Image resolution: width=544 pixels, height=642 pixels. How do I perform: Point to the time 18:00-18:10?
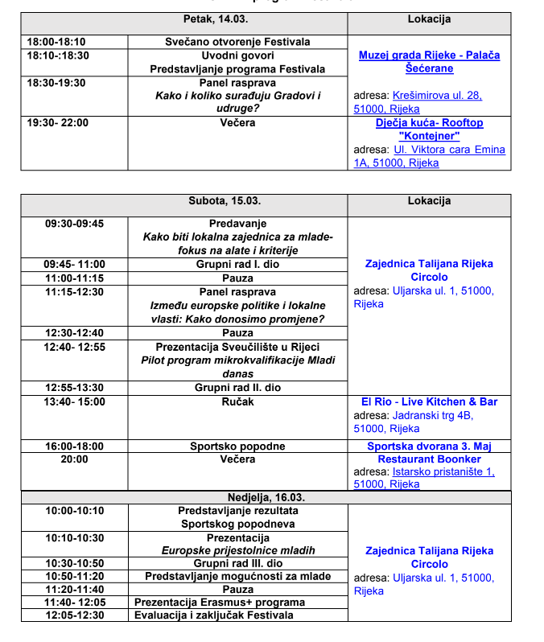click(56, 42)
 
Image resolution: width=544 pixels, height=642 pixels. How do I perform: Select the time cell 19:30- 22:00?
click(58, 123)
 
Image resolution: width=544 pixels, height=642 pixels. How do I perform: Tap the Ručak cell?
click(237, 401)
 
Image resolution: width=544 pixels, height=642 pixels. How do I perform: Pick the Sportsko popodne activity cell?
click(237, 446)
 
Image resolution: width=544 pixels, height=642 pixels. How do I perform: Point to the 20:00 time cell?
click(74, 459)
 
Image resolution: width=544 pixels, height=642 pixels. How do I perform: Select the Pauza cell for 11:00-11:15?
click(237, 278)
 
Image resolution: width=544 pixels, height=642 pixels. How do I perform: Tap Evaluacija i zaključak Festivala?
click(214, 615)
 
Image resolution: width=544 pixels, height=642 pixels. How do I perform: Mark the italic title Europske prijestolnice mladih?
click(237, 550)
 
